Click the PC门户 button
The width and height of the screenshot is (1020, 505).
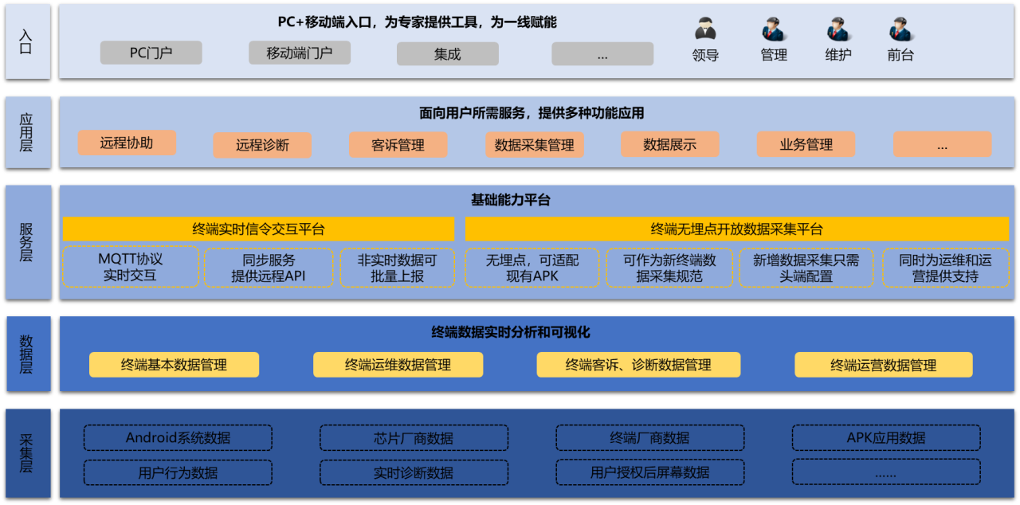[x=151, y=53]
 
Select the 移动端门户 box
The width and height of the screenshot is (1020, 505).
[x=299, y=53]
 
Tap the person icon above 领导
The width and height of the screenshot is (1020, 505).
[x=705, y=29]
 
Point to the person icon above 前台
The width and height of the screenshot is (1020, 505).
[x=900, y=29]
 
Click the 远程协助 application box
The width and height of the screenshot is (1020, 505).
[x=127, y=143]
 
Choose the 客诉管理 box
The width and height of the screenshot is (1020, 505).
[x=398, y=145]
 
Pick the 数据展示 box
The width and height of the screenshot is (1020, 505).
[x=669, y=145]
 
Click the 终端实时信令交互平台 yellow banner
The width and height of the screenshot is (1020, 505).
[x=258, y=229]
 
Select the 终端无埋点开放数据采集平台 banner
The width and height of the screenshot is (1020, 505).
[x=736, y=229]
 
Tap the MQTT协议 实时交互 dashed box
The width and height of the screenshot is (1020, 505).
[x=130, y=268]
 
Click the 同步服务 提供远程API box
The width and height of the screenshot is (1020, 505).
[x=268, y=268]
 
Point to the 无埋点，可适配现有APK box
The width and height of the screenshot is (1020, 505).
[x=532, y=268]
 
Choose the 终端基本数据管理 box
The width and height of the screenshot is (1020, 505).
[x=174, y=365]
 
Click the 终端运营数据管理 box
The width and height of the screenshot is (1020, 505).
[x=883, y=365]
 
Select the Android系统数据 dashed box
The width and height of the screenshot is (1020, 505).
[x=178, y=437]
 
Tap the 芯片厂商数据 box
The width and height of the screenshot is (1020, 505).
[x=414, y=437]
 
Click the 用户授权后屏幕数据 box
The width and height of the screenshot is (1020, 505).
[x=649, y=472]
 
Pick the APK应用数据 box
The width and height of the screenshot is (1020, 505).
[x=885, y=437]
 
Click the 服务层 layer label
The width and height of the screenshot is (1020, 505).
[x=27, y=242]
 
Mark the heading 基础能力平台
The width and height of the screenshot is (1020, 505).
[x=510, y=200]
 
